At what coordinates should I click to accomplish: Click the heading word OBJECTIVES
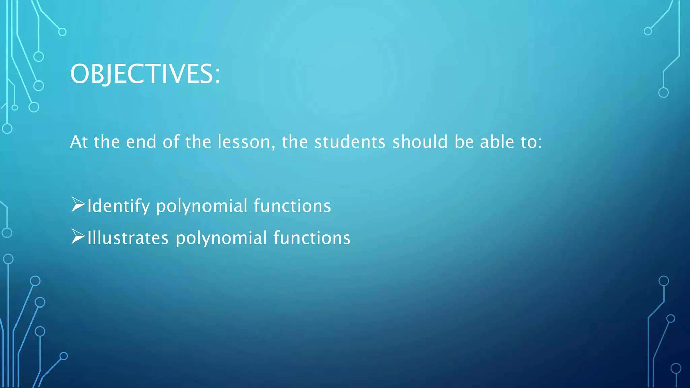pos(142,74)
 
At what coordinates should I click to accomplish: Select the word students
pos(350,142)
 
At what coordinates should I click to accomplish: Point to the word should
pos(420,142)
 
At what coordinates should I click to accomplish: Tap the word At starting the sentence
pos(79,142)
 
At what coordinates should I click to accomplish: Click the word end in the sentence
pos(141,142)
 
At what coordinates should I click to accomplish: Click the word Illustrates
pos(128,238)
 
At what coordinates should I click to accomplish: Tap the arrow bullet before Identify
pos(78,204)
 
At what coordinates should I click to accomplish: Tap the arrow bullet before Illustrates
pos(78,236)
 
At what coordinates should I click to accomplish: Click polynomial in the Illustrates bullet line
pos(221,238)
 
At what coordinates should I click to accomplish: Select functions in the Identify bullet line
pos(292,206)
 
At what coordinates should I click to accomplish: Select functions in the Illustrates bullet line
pos(312,238)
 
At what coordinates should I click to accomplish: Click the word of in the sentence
pos(171,142)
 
